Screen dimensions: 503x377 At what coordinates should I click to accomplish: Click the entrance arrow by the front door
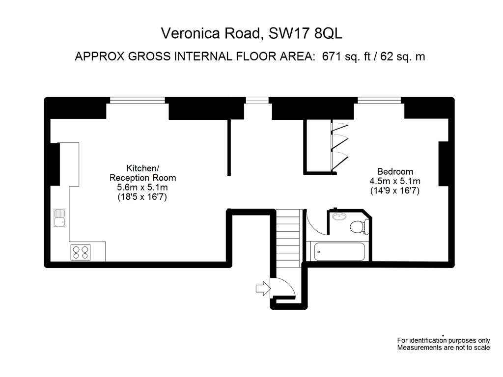pyautogui.click(x=263, y=288)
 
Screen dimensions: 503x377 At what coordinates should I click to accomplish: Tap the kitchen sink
pyautogui.click(x=59, y=218)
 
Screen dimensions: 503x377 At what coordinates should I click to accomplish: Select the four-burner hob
pyautogui.click(x=81, y=252)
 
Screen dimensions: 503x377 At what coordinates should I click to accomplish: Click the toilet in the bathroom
pyautogui.click(x=359, y=227)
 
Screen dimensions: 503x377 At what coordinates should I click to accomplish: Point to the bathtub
pyautogui.click(x=339, y=251)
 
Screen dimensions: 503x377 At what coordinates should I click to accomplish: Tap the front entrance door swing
pyautogui.click(x=283, y=288)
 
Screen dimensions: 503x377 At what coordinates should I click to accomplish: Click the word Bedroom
pyautogui.click(x=395, y=171)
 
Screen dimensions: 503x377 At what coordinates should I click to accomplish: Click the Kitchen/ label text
pyautogui.click(x=142, y=168)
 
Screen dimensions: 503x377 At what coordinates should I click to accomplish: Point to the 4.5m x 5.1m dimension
pyautogui.click(x=395, y=181)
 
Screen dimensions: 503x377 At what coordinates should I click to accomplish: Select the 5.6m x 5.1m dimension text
pyautogui.click(x=142, y=187)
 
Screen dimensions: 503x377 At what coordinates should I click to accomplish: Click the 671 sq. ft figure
pyautogui.click(x=346, y=56)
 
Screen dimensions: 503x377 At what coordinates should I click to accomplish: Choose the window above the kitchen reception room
pyautogui.click(x=138, y=100)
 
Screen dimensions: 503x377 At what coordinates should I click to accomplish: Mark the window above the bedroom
pyautogui.click(x=379, y=100)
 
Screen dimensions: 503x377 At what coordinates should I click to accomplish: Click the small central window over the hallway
pyautogui.click(x=257, y=100)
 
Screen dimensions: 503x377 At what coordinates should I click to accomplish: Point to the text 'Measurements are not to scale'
pyautogui.click(x=444, y=348)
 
